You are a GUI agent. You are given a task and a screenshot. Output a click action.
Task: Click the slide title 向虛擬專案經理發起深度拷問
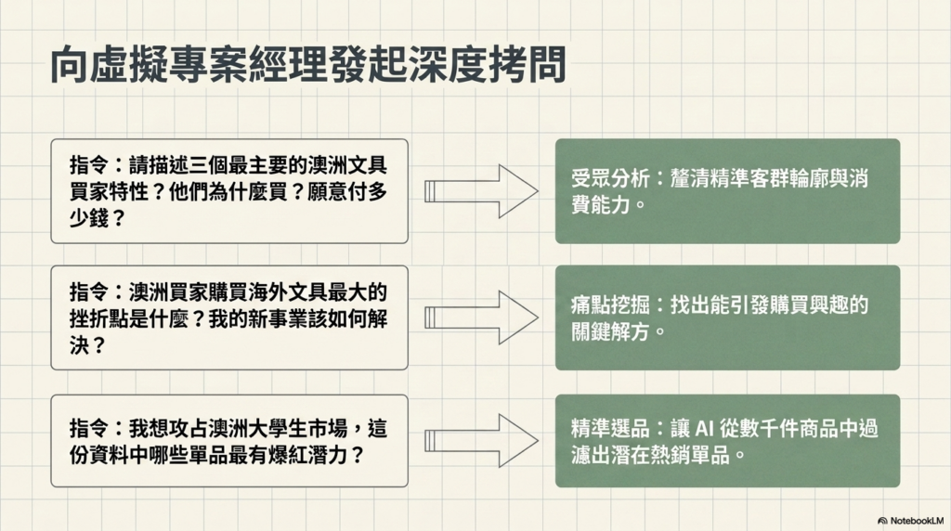click(x=306, y=66)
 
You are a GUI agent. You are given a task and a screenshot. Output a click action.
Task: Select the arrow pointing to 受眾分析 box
click(x=481, y=191)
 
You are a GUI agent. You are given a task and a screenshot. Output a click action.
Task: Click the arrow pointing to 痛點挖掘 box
click(x=481, y=317)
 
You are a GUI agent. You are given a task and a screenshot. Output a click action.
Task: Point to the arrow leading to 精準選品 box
click(x=481, y=440)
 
